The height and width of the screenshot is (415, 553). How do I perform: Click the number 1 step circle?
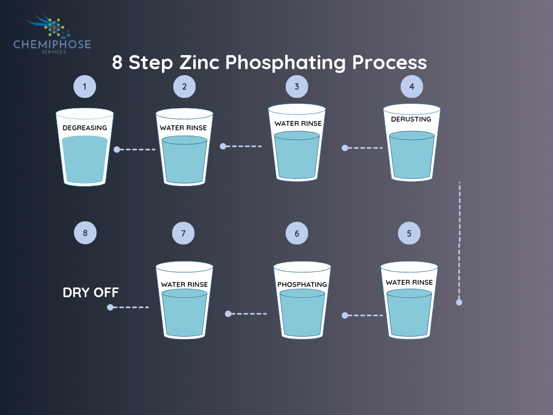[x=85, y=86]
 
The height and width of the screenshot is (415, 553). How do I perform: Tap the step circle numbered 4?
[x=412, y=86]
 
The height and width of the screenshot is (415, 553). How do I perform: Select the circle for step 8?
[x=85, y=233]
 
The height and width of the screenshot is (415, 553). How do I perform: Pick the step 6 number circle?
[x=297, y=233]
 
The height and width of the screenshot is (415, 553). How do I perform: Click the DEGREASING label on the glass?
[x=85, y=128]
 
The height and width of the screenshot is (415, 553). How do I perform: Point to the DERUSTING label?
[x=411, y=119]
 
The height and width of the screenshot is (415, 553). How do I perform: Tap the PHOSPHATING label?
[x=302, y=284]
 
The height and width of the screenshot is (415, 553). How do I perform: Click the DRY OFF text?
[x=91, y=293]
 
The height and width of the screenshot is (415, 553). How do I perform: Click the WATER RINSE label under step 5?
[x=409, y=282]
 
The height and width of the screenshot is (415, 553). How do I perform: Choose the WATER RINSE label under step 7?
[x=184, y=284]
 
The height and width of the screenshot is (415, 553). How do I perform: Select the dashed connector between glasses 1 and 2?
[x=136, y=149]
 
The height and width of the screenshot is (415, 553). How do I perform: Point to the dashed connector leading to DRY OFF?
[x=130, y=307]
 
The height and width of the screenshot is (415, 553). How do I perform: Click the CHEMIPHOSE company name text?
[x=52, y=44]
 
